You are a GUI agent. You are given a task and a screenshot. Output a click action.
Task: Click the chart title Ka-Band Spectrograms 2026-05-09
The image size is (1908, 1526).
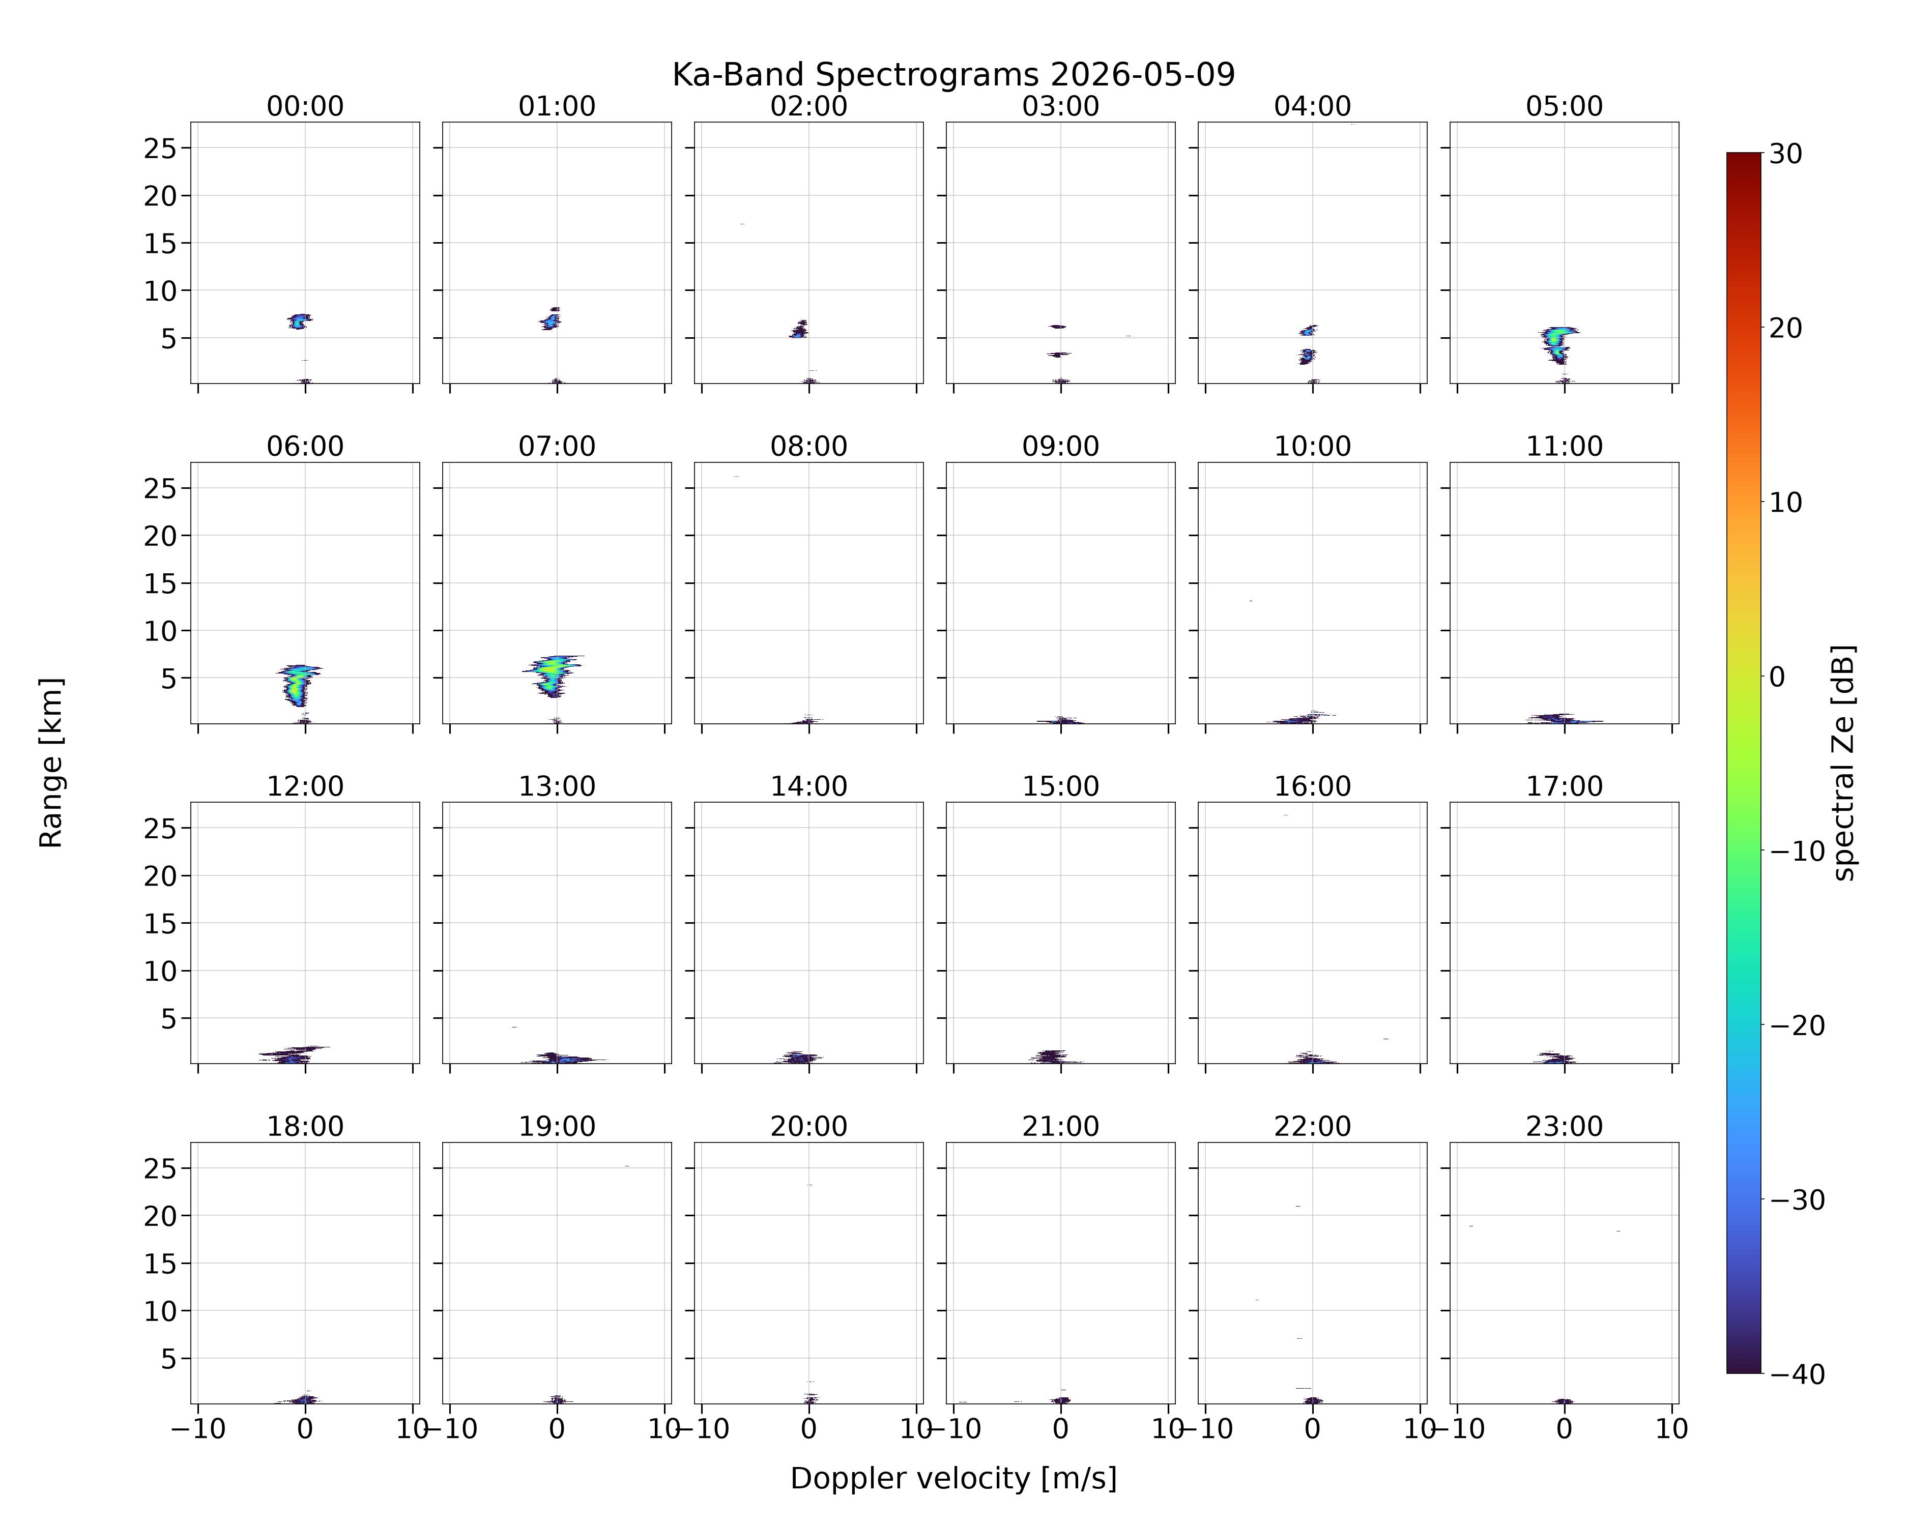coord(953,75)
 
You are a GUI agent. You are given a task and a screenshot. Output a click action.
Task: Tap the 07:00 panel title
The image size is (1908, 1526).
coord(557,446)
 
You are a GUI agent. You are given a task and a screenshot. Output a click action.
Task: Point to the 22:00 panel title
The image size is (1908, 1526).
coord(1312,1126)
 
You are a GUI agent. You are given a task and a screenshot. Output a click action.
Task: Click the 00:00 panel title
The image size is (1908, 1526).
coord(305,106)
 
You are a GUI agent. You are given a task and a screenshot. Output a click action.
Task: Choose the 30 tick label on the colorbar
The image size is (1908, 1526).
coord(1786,154)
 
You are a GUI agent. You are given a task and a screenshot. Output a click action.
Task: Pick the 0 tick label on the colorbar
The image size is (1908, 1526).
coord(1778,677)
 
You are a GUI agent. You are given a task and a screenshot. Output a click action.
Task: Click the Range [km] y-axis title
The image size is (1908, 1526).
coord(51,762)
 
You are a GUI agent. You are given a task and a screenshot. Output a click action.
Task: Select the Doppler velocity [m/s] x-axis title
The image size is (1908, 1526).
coord(953,1478)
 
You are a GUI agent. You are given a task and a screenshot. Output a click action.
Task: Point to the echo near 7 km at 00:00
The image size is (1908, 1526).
coord(300,321)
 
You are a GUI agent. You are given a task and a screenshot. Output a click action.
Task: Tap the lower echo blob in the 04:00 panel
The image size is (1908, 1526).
coord(1307,357)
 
